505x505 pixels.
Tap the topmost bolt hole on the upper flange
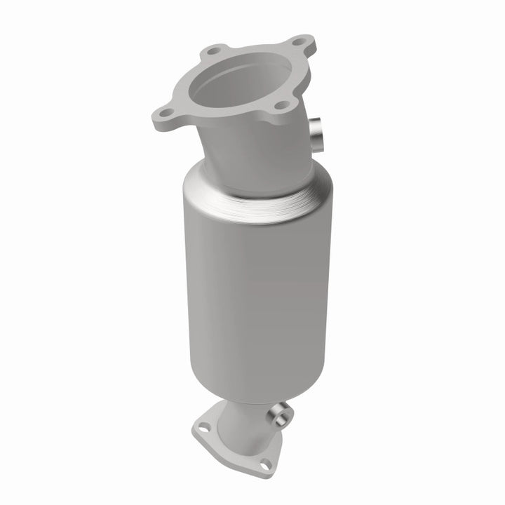click(x=299, y=41)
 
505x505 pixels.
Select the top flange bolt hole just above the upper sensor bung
click(x=282, y=105)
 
